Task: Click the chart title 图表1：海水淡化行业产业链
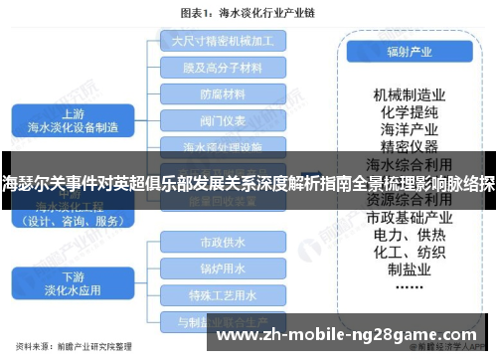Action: pos(247,13)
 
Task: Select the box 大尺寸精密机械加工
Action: pos(223,42)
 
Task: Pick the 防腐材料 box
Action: pos(223,94)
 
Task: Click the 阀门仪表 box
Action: pos(223,121)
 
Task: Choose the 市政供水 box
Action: pos(223,242)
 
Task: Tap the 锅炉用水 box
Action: pos(223,268)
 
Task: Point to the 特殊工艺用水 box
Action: pos(223,294)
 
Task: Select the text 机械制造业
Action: pos(409,93)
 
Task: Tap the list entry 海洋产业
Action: pos(409,129)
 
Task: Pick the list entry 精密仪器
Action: pos(409,146)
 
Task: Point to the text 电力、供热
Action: pos(409,235)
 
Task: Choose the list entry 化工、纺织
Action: pos(409,253)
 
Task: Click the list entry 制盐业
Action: pos(409,270)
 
